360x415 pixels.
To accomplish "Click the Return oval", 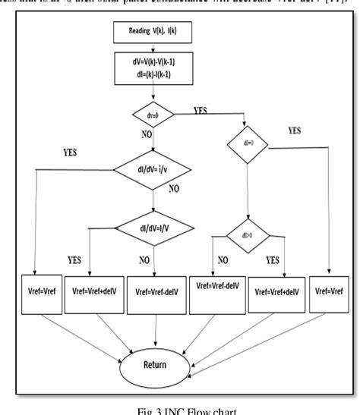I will pos(155,365).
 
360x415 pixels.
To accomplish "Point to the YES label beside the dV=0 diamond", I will pos(200,110).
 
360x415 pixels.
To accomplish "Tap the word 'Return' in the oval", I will pos(155,365).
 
